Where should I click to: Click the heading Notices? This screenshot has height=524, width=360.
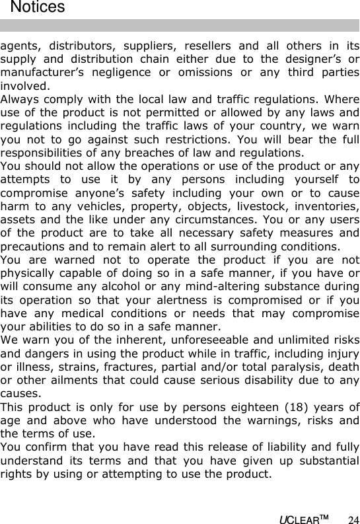tap(38, 8)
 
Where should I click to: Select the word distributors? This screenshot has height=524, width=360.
tap(75, 46)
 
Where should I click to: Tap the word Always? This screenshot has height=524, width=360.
tap(19, 99)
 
